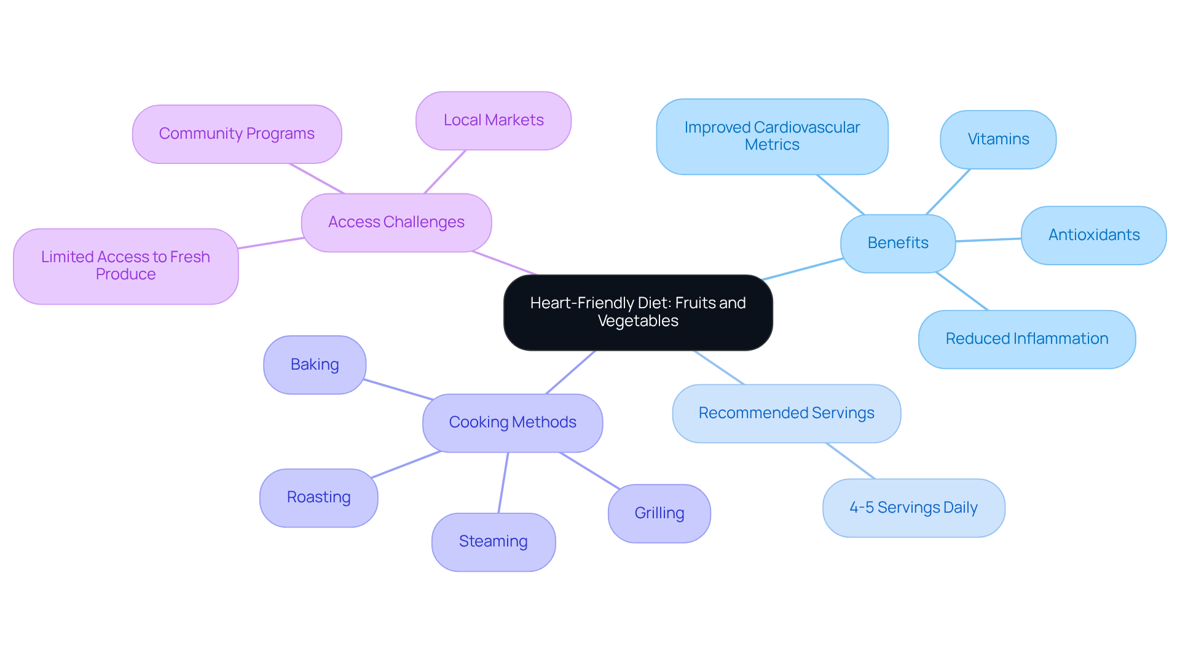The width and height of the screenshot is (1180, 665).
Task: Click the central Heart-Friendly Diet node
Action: [x=638, y=312]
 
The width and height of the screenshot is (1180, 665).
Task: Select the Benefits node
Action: [x=897, y=243]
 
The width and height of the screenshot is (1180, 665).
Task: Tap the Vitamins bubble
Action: [x=997, y=139]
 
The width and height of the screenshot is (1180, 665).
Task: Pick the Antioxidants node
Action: [x=1093, y=235]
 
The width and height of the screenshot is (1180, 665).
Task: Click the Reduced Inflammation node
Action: [x=1026, y=339]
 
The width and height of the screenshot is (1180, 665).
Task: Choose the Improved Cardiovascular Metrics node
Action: [x=772, y=136]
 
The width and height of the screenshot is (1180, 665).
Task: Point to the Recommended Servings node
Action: [x=786, y=413]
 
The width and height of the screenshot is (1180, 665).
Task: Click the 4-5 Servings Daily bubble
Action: [x=913, y=508]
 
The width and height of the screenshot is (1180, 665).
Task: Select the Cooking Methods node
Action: [x=512, y=422]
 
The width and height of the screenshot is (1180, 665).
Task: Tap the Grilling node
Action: [x=659, y=513]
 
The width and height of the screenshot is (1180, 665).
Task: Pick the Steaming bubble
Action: [x=493, y=542]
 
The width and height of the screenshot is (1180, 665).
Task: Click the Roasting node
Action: [x=318, y=497]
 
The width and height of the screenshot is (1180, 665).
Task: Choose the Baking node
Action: [x=315, y=365]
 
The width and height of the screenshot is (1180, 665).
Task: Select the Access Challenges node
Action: [x=396, y=222]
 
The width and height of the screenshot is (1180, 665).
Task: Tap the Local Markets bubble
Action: [x=493, y=120]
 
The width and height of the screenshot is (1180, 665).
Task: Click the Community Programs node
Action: [x=237, y=134]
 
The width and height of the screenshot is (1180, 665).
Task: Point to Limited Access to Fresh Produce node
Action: [x=125, y=266]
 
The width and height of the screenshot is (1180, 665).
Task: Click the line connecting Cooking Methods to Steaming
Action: [x=503, y=483]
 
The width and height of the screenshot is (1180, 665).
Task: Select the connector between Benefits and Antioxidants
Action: [x=988, y=240]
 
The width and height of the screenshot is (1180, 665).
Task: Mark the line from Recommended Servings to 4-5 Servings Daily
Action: [x=850, y=461]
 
